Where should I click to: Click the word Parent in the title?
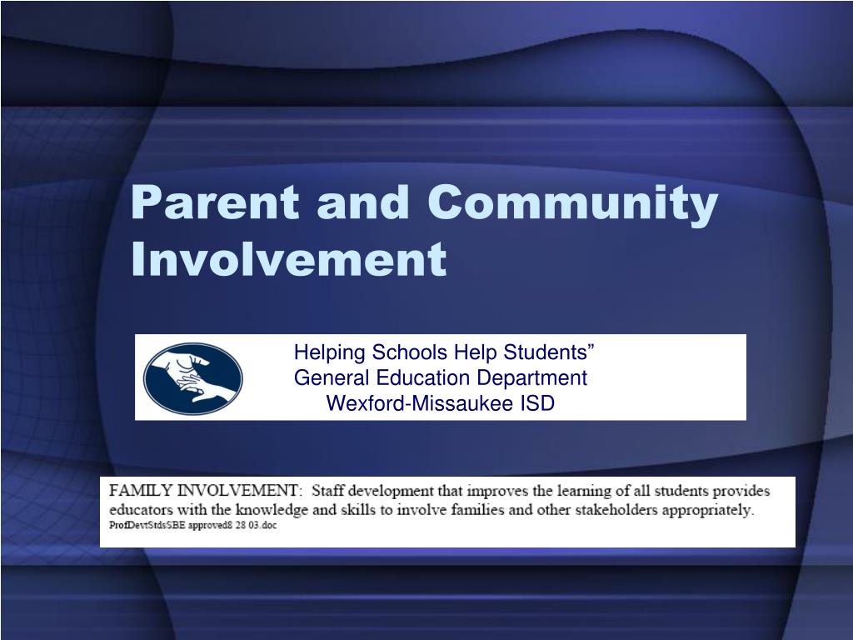coord(215,202)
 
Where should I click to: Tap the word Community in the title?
coord(573,205)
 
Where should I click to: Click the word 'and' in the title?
coord(363,202)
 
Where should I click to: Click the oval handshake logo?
coord(193,378)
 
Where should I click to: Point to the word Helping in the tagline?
coord(330,352)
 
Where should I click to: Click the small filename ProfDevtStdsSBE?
coord(147,526)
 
